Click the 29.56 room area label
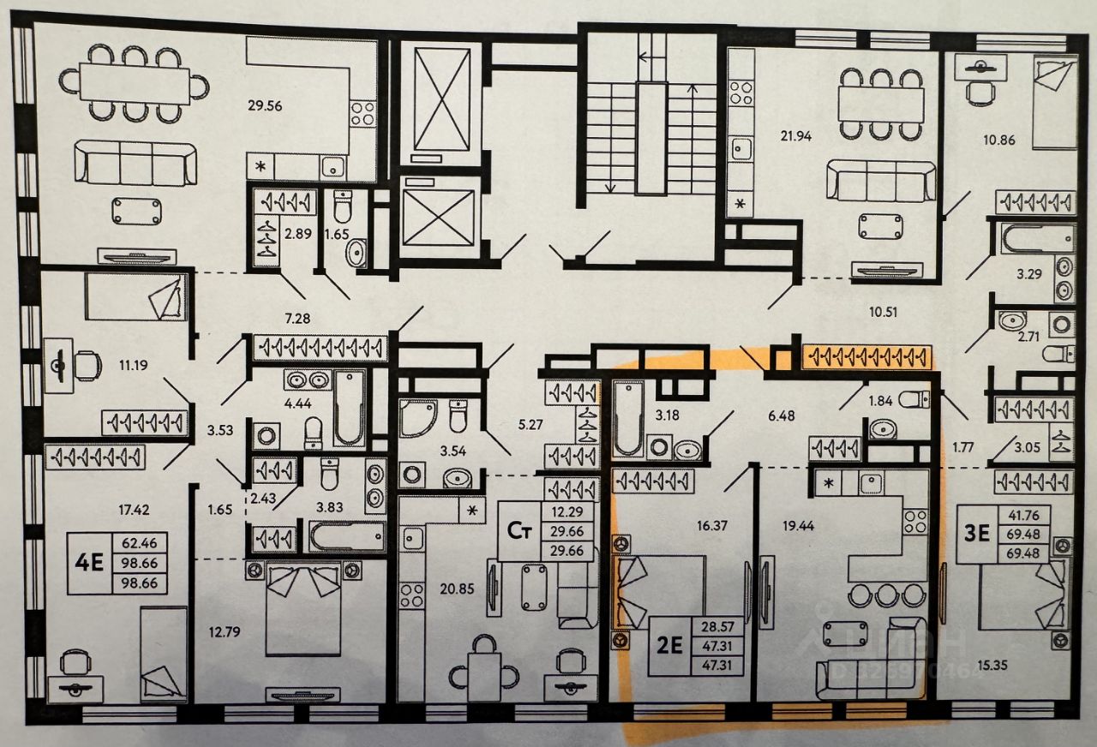(x=265, y=106)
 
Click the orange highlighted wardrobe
(x=866, y=355)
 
